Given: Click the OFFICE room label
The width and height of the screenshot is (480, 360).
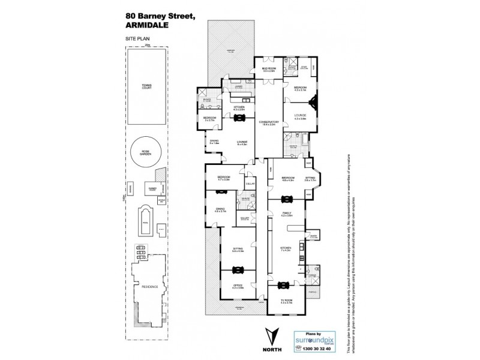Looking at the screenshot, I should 238,287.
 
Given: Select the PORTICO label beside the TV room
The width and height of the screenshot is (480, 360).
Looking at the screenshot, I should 311,293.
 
